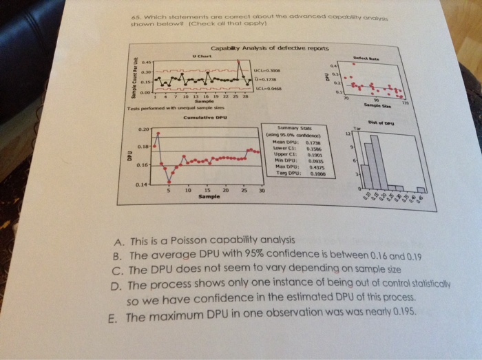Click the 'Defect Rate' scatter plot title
393,60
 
